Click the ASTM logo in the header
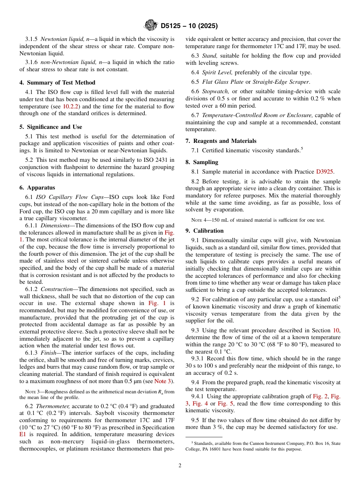pos(151,26)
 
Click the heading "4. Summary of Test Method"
pos(57,83)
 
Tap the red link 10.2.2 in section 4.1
pos(60,106)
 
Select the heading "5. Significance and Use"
pos(51,127)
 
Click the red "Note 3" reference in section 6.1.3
pos(163,381)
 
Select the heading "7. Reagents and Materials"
pos(221,141)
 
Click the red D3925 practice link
pos(324,172)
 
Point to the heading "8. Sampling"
pos(202,162)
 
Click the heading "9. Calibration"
pos(205,231)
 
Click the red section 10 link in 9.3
pos(336,330)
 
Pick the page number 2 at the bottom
pos(180,466)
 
